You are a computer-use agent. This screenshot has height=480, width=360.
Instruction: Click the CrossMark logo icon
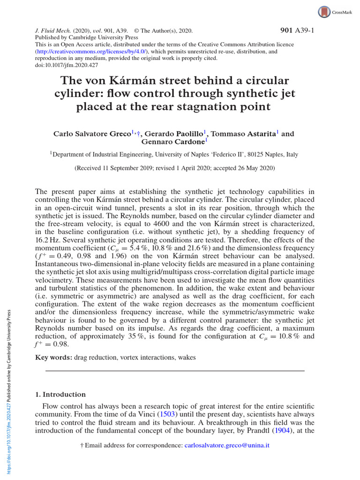pyautogui.click(x=324, y=12)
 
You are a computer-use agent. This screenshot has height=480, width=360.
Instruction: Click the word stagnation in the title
pyautogui.click(x=213, y=106)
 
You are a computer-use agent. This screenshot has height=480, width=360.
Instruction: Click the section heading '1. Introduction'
pyautogui.click(x=61, y=394)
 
